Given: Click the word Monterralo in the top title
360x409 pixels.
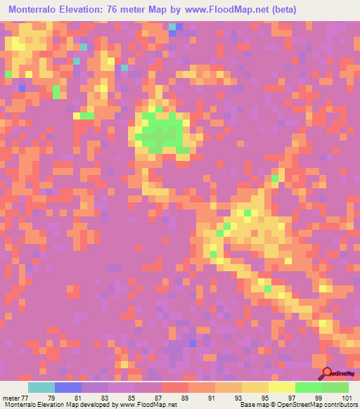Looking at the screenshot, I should [x=34, y=10].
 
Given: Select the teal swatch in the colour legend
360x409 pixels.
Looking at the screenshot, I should [x=41, y=387].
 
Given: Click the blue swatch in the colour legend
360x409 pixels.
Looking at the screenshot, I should [x=68, y=387].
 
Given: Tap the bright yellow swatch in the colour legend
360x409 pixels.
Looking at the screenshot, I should [x=282, y=387].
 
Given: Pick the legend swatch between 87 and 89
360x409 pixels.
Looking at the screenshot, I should [x=175, y=387].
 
